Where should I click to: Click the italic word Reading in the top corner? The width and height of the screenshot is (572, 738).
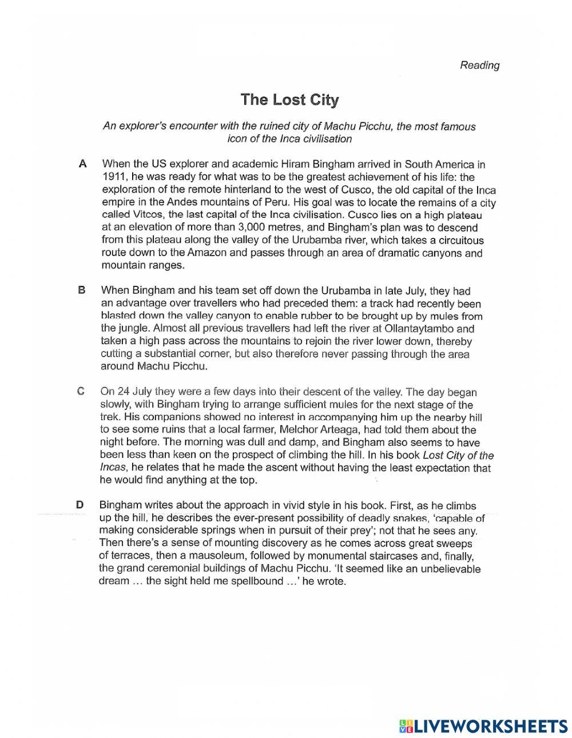[x=479, y=65]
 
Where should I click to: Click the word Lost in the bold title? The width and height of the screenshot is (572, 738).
[x=289, y=99]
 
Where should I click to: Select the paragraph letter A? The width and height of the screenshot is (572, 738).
[x=82, y=164]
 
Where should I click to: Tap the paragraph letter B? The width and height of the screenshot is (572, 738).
[x=81, y=290]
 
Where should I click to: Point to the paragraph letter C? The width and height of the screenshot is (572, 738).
[x=81, y=392]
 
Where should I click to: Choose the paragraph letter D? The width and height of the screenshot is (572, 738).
[x=80, y=505]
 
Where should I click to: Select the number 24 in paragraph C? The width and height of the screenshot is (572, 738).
[x=124, y=392]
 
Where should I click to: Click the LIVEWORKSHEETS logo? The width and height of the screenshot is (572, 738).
[x=483, y=725]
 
